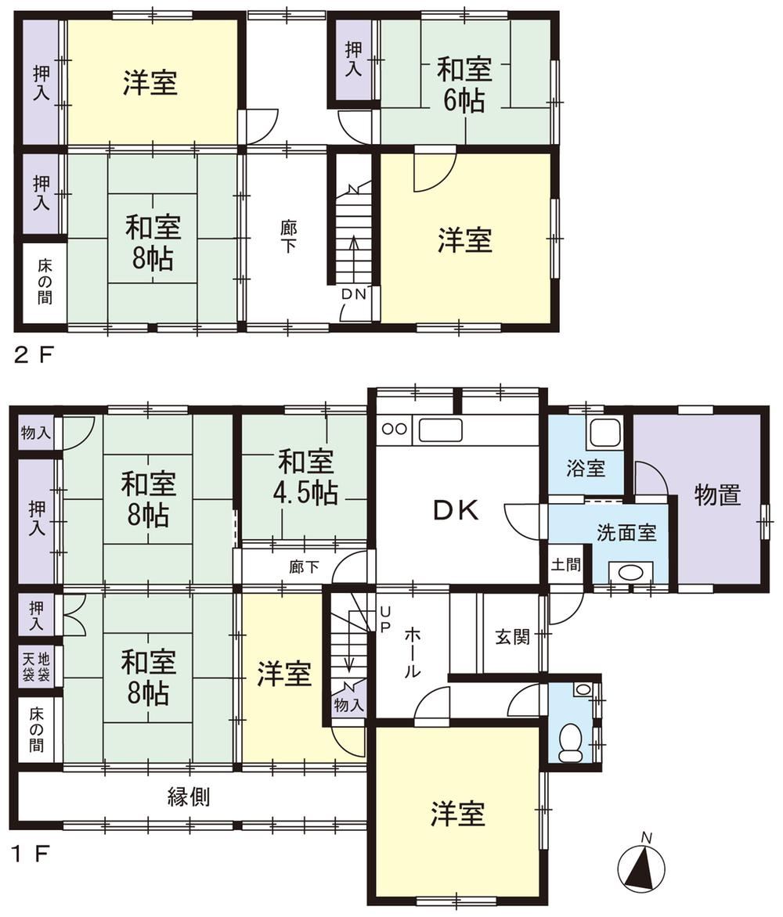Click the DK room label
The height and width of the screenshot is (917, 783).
456,511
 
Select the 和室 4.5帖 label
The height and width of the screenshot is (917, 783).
305,477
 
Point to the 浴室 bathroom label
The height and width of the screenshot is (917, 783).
585,468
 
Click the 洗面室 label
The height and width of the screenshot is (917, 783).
626,533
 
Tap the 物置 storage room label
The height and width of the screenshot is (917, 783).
717,494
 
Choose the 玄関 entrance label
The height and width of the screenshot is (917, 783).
513,637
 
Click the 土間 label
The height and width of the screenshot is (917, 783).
566,564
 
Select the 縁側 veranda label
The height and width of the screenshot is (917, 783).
189,796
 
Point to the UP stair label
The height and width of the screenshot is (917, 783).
385,619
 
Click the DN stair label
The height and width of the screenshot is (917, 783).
353,294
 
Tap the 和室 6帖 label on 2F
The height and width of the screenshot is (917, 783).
465,85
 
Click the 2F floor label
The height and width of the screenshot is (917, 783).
34,354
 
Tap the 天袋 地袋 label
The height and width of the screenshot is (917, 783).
36,667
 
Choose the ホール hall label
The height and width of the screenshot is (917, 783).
413,652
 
